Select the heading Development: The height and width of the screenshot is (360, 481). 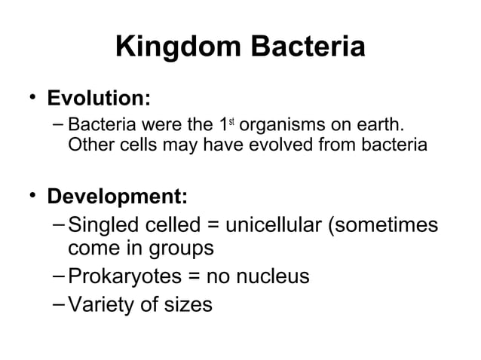coord(118,197)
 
